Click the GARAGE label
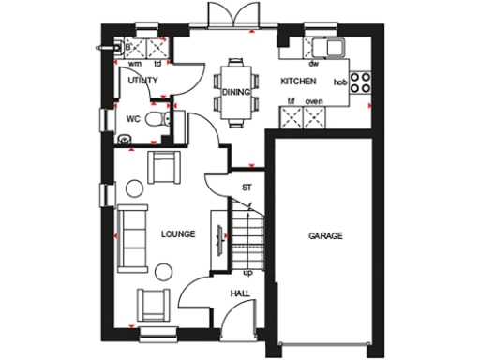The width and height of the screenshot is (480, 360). click(x=325, y=235)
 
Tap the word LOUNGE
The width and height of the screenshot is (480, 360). click(x=177, y=233)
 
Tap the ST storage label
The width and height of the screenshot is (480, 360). click(x=247, y=187)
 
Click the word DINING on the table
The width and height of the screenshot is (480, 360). click(x=234, y=91)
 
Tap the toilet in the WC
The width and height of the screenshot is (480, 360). click(x=161, y=121)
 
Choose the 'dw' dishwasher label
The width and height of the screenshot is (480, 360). click(x=314, y=65)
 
